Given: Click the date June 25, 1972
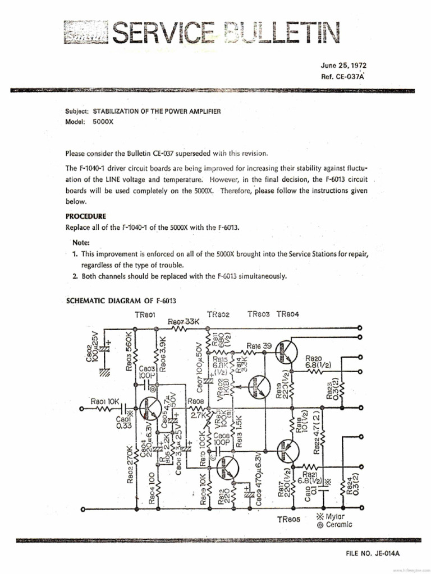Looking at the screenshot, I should (343, 66).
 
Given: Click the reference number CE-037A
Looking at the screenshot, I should (343, 77).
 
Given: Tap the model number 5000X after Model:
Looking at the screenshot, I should (103, 122).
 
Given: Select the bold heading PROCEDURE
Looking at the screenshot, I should (86, 216).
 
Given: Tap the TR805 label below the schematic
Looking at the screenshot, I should (290, 519).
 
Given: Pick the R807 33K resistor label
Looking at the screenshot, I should (184, 321).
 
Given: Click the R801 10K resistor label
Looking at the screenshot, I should (105, 401).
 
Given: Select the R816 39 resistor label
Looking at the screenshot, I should (259, 346).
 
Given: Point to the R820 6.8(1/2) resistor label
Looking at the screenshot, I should (318, 362).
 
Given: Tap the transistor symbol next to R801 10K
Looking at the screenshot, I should (150, 409).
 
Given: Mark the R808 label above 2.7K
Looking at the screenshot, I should (195, 402).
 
